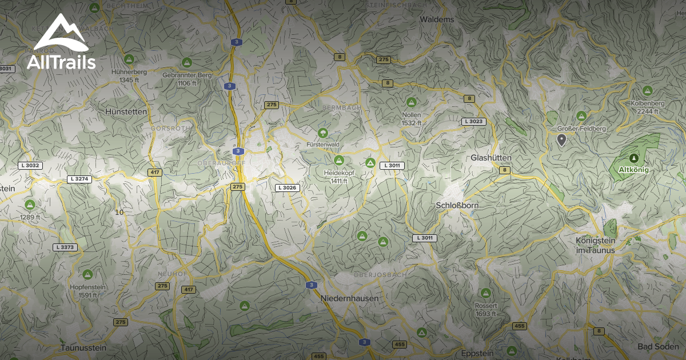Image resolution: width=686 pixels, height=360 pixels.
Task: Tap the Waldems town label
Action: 437,19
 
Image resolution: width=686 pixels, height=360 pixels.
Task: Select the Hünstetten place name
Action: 126,112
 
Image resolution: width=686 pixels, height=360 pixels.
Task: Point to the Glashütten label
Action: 490,158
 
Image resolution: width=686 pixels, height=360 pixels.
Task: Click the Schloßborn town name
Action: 457,205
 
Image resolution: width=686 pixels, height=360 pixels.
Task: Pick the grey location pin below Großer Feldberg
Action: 561,139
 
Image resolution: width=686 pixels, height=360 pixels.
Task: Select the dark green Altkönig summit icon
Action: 633,158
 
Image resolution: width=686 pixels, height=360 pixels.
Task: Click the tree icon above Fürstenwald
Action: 324,133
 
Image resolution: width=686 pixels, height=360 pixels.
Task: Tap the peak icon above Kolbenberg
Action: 647,90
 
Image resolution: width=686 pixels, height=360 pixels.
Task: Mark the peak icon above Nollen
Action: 411,102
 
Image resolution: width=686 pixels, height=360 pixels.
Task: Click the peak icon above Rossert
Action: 485,293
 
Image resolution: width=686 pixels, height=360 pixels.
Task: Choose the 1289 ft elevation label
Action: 30,217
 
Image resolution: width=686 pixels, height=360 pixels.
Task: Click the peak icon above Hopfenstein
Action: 87,274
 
